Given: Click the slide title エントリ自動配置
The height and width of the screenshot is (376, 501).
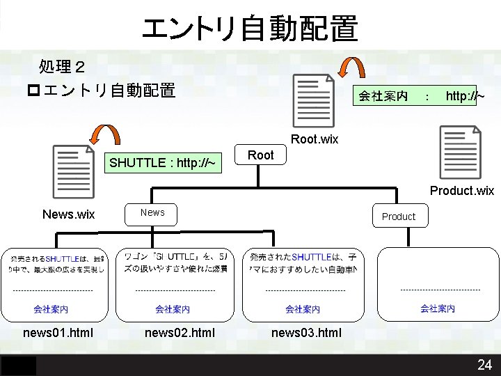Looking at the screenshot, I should point(250,29).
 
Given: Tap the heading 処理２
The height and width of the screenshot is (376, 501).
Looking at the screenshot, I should point(62,67).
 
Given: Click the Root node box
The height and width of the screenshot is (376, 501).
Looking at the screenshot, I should point(261,155).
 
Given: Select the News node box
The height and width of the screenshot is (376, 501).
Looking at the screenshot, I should point(152,212).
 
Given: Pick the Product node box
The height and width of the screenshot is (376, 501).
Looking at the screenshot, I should point(398,217).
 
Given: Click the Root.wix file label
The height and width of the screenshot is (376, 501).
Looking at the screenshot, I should point(315,139).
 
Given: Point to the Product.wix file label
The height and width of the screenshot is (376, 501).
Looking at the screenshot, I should point(462,191).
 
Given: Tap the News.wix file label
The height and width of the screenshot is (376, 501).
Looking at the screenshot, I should point(68,214).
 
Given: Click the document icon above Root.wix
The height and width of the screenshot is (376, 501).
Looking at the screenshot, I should point(314,102).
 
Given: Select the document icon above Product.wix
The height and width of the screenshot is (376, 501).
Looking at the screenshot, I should point(460,152).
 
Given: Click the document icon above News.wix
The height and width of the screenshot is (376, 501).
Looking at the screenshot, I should point(73,173).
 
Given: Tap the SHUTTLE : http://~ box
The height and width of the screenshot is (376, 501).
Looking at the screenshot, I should point(162,163).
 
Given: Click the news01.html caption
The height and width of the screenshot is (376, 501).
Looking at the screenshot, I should point(58,332).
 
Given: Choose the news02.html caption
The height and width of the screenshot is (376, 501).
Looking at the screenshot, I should point(180,332).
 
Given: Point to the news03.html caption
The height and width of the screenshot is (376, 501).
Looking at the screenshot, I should point(306,332).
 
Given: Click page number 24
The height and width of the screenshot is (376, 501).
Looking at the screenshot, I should point(484,364).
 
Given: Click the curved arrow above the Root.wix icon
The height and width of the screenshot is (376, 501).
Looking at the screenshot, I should point(351,68).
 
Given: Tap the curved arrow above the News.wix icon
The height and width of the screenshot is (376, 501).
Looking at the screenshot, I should point(105,136).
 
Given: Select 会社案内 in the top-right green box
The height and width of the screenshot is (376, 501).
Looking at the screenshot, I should point(383,96).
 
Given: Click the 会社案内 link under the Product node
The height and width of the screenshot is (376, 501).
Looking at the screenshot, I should point(438,308).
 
